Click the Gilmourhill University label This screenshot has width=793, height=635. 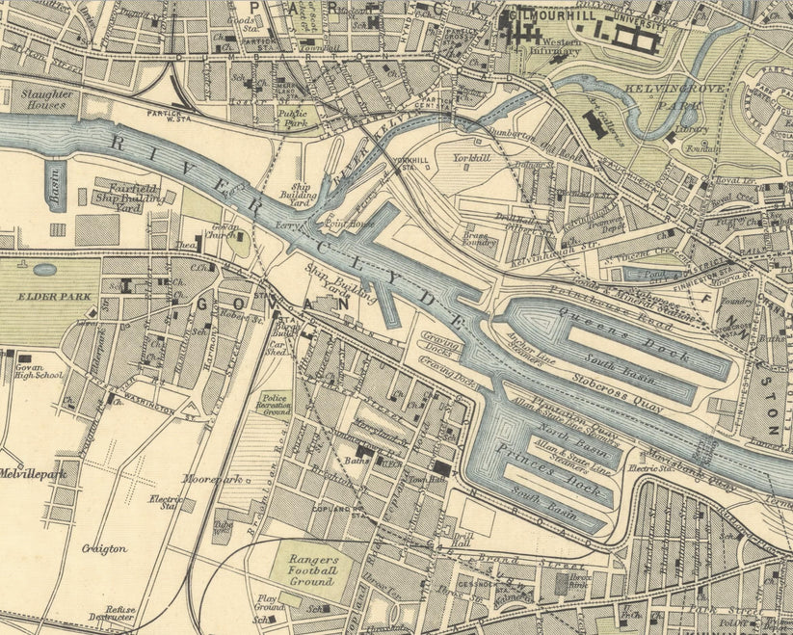[x=588, y=18]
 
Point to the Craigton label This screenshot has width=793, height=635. [x=104, y=548]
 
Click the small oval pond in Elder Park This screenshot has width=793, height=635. [x=44, y=270]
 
